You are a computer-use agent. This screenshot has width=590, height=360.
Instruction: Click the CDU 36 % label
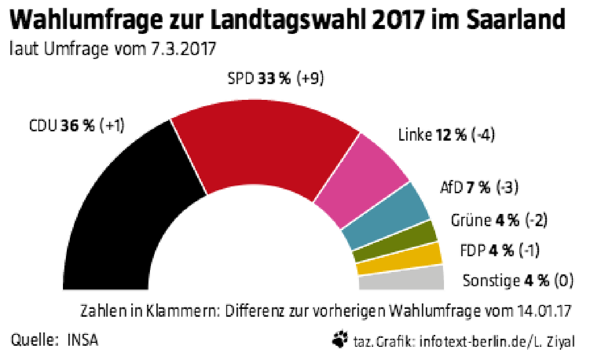[61, 126]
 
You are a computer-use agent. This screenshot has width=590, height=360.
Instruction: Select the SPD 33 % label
[259, 79]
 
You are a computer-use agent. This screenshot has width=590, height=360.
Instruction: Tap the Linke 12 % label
[432, 135]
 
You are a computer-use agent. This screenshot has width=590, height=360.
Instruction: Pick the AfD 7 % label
[465, 188]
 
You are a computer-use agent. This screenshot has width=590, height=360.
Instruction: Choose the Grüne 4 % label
[485, 220]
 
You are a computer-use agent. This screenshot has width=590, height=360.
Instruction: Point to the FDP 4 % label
[487, 250]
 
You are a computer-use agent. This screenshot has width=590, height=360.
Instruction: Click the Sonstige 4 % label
[506, 280]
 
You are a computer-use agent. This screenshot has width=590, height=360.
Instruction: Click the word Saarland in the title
[516, 20]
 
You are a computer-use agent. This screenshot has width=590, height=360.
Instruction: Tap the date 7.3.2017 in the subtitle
[183, 49]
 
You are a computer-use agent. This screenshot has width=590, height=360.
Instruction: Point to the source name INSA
[83, 340]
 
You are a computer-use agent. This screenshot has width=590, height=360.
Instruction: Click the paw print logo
[340, 339]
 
